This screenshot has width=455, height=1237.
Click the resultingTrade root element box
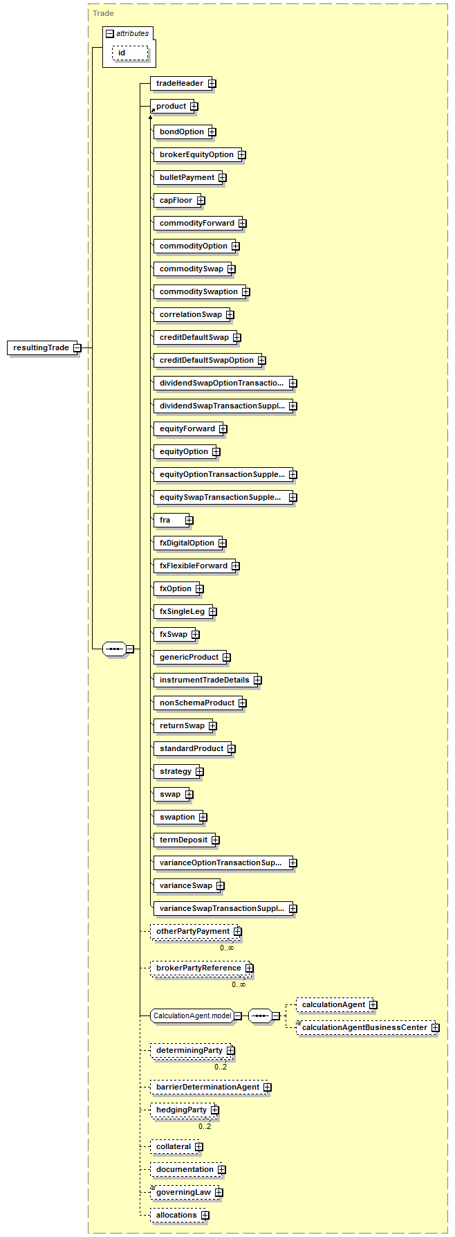(41, 347)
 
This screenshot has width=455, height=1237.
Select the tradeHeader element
(179, 84)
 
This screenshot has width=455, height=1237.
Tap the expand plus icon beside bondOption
(212, 132)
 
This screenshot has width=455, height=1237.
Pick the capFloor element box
(176, 201)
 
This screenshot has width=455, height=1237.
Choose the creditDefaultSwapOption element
(206, 361)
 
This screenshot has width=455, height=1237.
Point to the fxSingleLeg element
(182, 612)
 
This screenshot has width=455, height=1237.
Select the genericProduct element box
(189, 658)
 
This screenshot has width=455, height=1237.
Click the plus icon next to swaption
(203, 818)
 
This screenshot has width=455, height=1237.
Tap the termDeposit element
(183, 840)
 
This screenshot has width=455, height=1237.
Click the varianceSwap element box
(185, 886)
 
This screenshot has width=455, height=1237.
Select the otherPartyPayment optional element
(192, 932)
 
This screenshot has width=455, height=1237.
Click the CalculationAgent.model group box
(192, 1016)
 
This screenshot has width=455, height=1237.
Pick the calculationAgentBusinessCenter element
(364, 1028)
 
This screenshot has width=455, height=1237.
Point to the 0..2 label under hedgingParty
(205, 1126)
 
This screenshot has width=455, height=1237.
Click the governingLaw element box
(183, 1193)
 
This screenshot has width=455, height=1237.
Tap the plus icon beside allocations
(205, 1216)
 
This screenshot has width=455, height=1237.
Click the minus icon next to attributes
(110, 33)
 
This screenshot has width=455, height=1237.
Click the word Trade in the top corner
(104, 13)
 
